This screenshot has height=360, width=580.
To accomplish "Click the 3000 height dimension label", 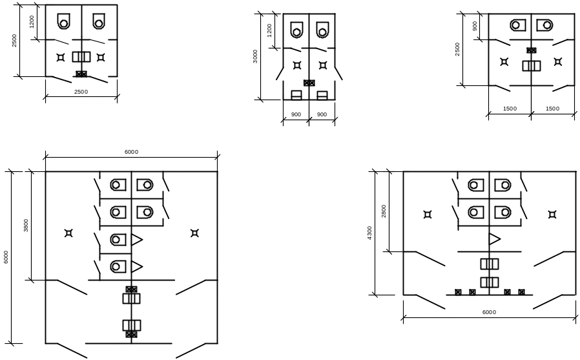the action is pos(255,56).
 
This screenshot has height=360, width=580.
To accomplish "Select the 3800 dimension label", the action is pos(26,226).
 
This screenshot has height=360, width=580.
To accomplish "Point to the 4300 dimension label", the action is pos(370,233).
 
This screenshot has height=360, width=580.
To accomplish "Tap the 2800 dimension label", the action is pos(384,211).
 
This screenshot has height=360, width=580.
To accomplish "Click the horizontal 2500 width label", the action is pos(81,92).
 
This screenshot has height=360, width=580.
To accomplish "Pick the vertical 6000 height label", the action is pos(6,257).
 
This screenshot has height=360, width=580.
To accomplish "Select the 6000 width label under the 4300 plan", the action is pos(489,312).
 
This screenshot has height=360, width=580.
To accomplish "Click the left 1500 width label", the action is pos(510,109).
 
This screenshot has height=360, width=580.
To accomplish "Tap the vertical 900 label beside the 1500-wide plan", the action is pos(475,26).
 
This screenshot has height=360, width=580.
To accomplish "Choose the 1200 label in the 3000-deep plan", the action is pos(269,30).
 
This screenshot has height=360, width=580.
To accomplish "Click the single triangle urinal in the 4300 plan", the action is pos(495,239).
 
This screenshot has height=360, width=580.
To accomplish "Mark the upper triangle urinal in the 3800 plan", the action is pos(137,239).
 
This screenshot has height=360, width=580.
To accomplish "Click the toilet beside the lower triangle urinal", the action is pos(118,266).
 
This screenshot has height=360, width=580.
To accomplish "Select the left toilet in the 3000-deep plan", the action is pos(296,30).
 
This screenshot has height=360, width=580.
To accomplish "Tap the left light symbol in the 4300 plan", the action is pos(428,215).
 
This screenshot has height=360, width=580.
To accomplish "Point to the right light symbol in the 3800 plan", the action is pos(194,233).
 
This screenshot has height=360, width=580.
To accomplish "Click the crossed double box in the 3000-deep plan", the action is pos(309,83).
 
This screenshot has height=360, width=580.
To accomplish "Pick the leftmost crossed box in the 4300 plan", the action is pos(458,292).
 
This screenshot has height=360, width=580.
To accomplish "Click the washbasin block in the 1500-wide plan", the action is pos(531,66).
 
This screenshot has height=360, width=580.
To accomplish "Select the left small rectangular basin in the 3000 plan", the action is pos(296,96).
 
